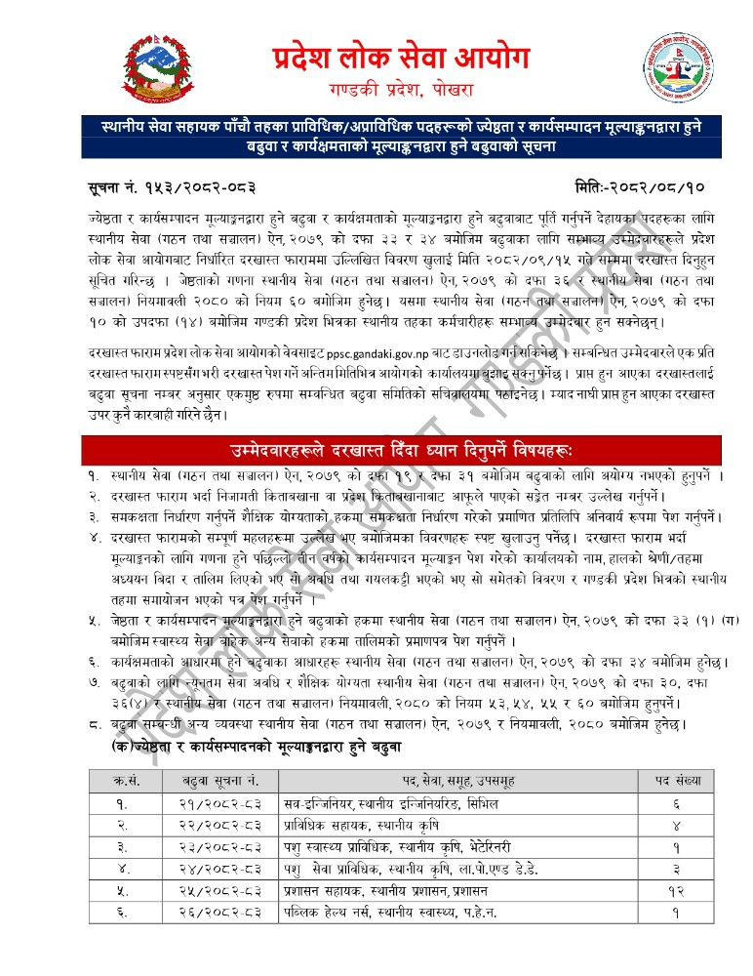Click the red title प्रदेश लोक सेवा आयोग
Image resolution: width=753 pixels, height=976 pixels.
click(401, 58)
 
